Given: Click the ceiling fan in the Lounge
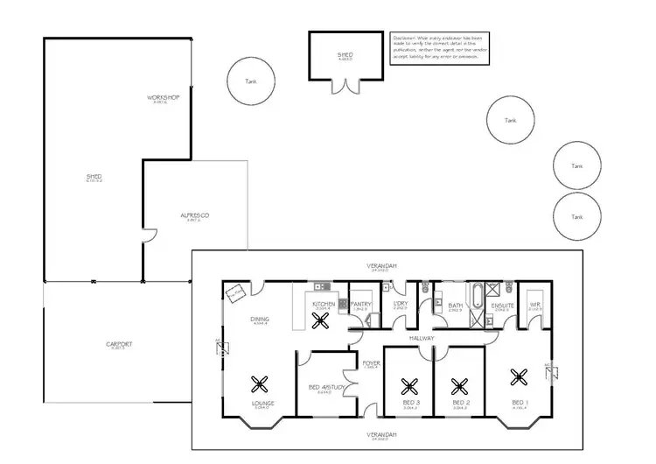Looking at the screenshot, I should pyautogui.click(x=260, y=382).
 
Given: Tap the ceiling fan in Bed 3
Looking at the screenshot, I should pyautogui.click(x=408, y=383).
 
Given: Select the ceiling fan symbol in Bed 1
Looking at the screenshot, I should pyautogui.click(x=519, y=377).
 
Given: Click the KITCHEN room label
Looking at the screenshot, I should pyautogui.click(x=323, y=304).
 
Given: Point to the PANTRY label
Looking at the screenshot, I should pyautogui.click(x=362, y=304).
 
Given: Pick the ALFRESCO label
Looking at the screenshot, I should pyautogui.click(x=193, y=214).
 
